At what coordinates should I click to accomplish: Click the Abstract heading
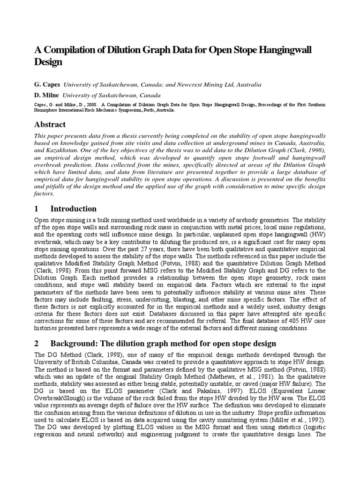click(x=50, y=124)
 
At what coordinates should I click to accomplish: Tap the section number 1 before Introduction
click(x=37, y=209)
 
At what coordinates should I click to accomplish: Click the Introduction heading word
click(x=73, y=209)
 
